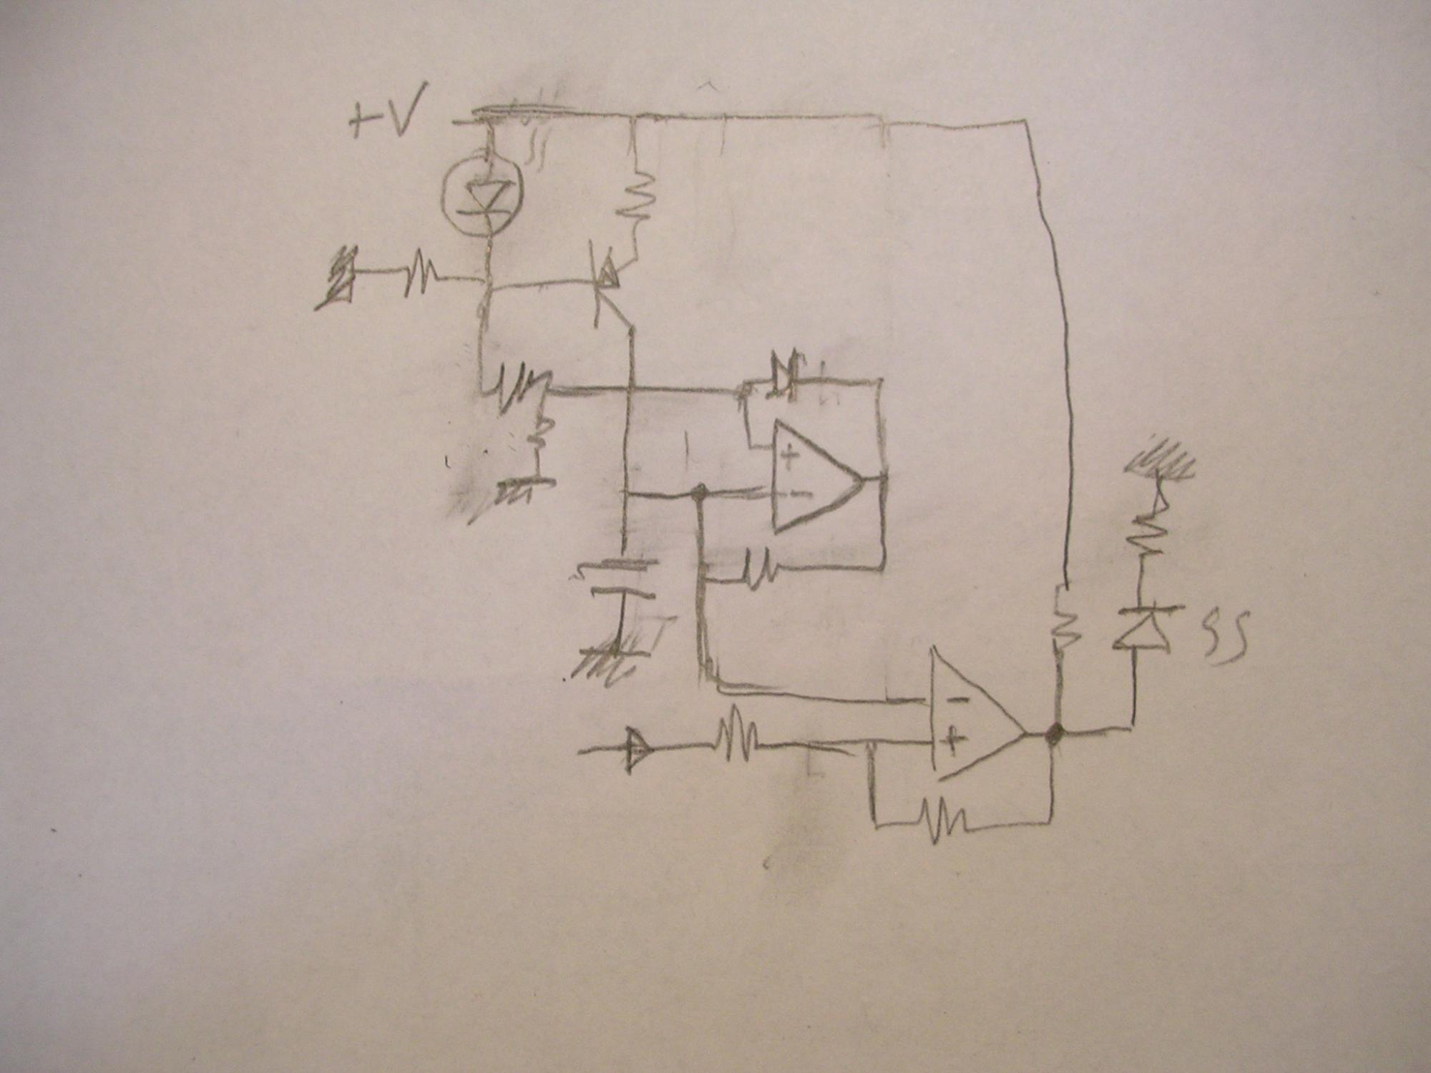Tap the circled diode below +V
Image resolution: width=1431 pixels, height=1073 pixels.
click(x=482, y=194)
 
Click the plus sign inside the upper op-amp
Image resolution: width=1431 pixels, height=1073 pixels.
click(x=790, y=456)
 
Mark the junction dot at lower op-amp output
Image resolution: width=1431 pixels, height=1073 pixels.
click(x=1054, y=733)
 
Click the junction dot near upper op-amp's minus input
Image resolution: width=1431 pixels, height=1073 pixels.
click(x=700, y=492)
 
